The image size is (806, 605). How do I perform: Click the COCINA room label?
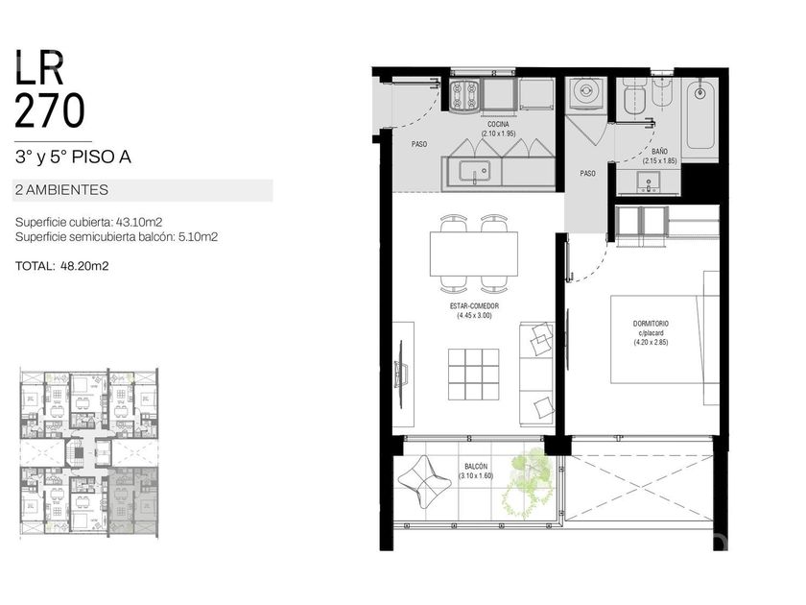[498, 125]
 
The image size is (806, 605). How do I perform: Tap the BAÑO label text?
[659, 152]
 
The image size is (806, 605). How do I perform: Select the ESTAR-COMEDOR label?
[474, 306]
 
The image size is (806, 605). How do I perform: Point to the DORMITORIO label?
[651, 324]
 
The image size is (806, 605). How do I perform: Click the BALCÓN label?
[476, 467]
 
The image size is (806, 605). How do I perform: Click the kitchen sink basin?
[474, 172]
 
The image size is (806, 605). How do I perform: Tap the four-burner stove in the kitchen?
[465, 95]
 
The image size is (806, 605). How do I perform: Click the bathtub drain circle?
[699, 94]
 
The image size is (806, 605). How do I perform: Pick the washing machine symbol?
[585, 94]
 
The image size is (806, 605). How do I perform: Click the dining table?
[473, 254]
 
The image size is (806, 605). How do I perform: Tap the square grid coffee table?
[473, 374]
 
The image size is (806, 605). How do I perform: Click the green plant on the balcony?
[529, 484]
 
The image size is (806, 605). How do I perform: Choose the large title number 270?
[49, 110]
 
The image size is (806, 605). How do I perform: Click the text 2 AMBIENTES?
[61, 190]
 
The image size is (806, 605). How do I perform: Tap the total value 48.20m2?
[84, 266]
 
